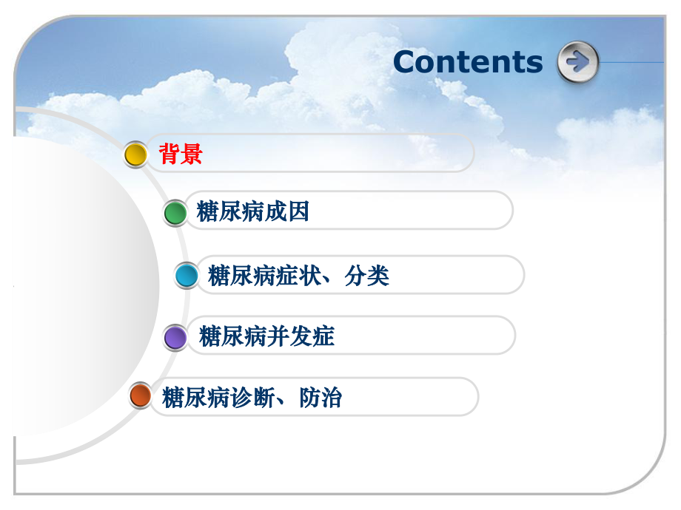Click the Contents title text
click(468, 61)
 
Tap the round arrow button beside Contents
click(577, 62)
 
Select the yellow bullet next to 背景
click(135, 154)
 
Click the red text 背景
click(181, 154)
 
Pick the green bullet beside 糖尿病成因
click(175, 213)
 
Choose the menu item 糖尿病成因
click(252, 212)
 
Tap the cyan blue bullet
click(187, 276)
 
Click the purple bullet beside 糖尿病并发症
click(175, 337)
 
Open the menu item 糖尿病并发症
click(266, 336)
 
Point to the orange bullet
click(140, 396)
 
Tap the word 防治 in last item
click(321, 398)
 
